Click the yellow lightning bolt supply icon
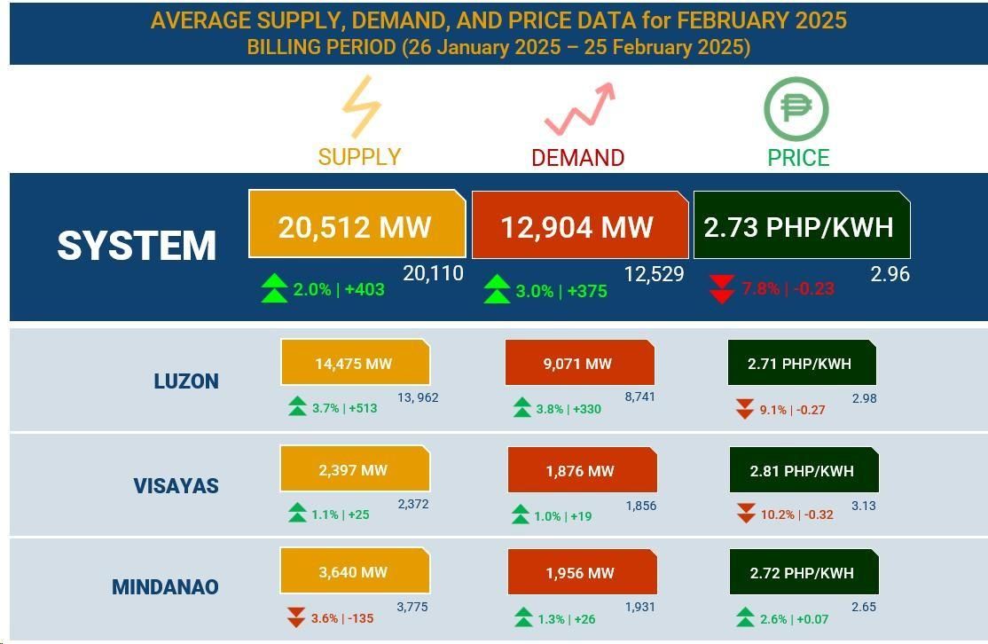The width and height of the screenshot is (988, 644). [x=361, y=107]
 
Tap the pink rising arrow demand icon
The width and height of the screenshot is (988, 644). [x=579, y=109]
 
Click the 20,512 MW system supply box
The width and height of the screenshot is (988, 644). [x=356, y=226]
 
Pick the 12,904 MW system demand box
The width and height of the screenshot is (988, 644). [x=578, y=227]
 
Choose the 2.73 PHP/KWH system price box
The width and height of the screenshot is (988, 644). [x=800, y=227]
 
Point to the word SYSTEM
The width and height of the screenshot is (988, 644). [x=137, y=246]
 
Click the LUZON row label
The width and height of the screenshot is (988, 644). [x=186, y=381]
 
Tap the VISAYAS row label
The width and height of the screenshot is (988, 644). [x=176, y=486]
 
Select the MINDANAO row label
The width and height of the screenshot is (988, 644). [x=165, y=587]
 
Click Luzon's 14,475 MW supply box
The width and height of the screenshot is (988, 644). [x=354, y=364]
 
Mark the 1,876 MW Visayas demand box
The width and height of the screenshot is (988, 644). [x=581, y=471]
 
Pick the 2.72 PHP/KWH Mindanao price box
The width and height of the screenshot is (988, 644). [x=803, y=573]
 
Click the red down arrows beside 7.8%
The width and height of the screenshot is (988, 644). [x=722, y=289]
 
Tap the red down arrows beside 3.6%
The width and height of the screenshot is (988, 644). [x=296, y=617]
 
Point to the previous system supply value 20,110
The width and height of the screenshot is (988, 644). [x=433, y=274]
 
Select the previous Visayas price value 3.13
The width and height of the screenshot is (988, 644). [x=863, y=506]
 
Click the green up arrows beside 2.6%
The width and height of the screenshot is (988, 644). [x=745, y=617]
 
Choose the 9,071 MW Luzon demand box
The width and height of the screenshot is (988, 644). [x=578, y=364]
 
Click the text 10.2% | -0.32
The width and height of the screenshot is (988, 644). [x=796, y=514]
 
